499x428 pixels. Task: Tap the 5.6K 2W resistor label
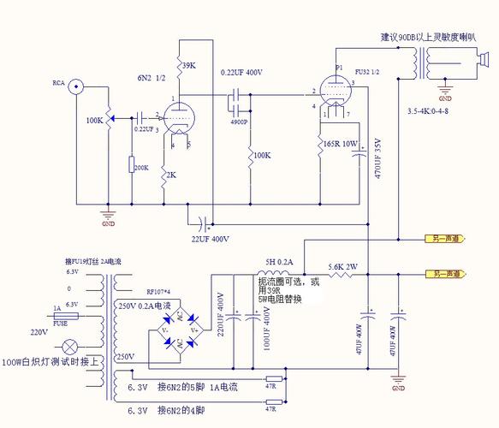click(343, 265)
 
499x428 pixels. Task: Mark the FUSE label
click(62, 324)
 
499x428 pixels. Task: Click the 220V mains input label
click(39, 331)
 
